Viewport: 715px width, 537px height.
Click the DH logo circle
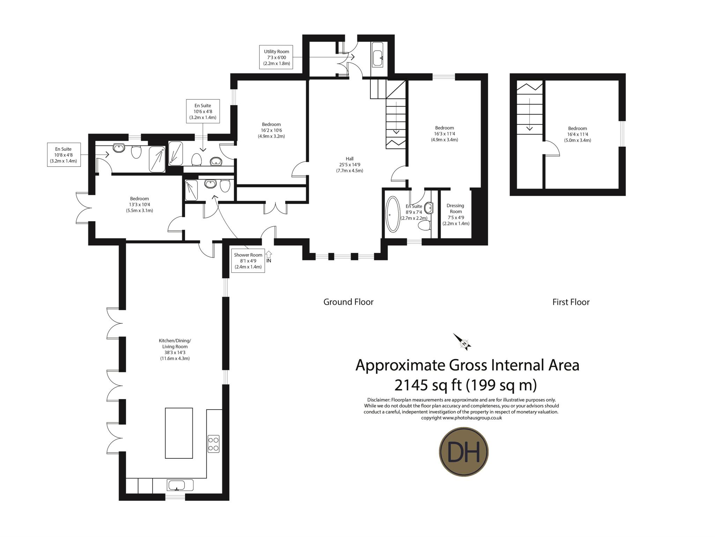coord(463,451)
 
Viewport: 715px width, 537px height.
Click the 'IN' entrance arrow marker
coord(268,257)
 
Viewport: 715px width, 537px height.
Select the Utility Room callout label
coord(277,57)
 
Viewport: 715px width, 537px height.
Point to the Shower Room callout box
coord(248,260)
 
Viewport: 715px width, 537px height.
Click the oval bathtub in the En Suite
coord(393,214)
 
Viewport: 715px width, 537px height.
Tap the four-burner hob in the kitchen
coord(213,444)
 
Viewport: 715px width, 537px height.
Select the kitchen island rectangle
coord(179,433)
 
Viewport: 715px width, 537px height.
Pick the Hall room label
coord(349,164)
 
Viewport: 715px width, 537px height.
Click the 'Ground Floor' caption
coord(348,302)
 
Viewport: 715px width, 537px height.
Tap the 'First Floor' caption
coord(571,302)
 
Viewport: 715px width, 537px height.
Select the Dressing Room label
coord(456,214)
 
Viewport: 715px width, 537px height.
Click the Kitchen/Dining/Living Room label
coord(175,350)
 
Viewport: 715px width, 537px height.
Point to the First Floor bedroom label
coord(577,134)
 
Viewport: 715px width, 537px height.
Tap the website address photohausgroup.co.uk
coord(472,418)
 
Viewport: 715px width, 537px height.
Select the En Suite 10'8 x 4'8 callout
coord(64,155)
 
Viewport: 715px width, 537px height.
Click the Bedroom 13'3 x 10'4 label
coord(139,205)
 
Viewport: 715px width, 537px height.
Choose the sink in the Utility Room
coord(377,58)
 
